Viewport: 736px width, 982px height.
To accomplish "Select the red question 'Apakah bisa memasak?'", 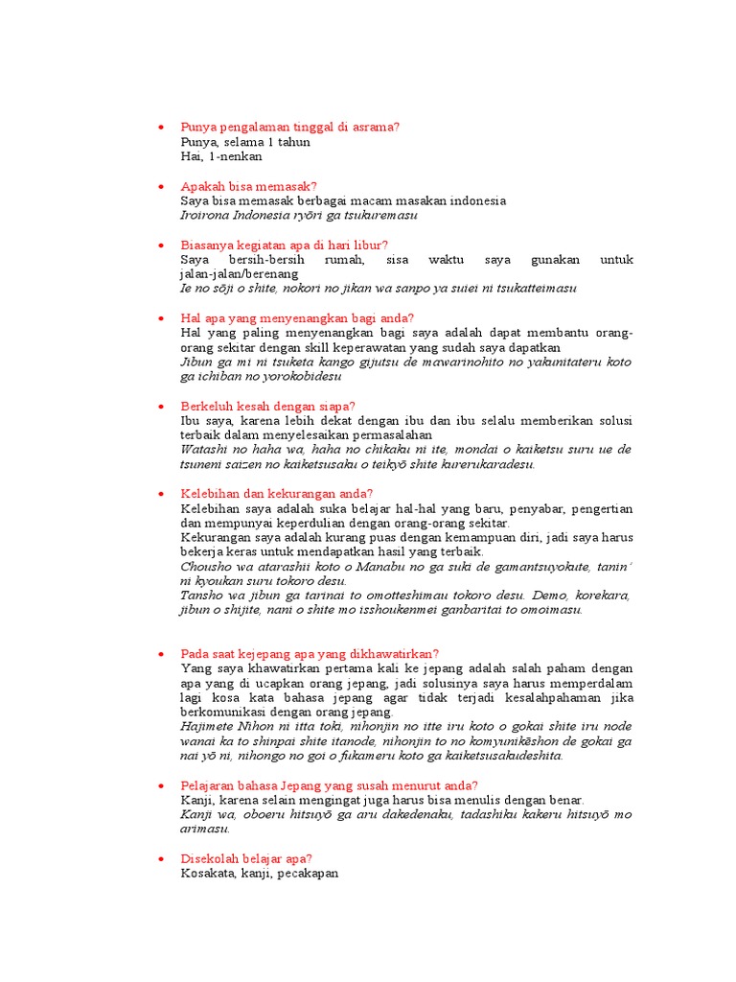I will pyautogui.click(x=248, y=186).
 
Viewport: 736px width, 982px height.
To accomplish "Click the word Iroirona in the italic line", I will pyautogui.click(x=205, y=215).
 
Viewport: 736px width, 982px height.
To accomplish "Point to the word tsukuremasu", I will pyautogui.click(x=384, y=215).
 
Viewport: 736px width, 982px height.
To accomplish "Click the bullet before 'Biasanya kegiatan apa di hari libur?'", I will pyautogui.click(x=161, y=245).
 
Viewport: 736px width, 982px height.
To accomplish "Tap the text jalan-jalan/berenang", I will pyautogui.click(x=243, y=274).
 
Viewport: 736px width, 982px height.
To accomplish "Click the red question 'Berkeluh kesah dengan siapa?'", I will pyautogui.click(x=267, y=407).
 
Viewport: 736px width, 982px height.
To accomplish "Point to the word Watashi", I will pyautogui.click(x=204, y=449).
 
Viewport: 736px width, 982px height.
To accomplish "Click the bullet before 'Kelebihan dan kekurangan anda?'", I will pyautogui.click(x=161, y=494).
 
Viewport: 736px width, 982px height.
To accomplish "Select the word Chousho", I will pyautogui.click(x=204, y=566).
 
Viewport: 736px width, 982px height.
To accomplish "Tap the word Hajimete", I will pyautogui.click(x=207, y=726).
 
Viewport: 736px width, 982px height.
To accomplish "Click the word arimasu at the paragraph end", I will pyautogui.click(x=204, y=829).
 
